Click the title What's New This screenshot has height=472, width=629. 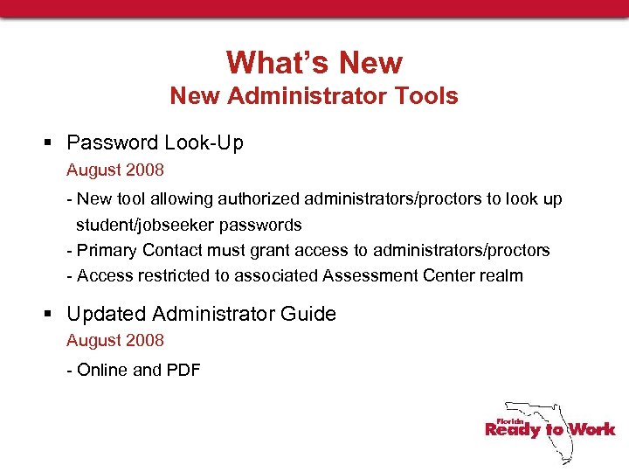point(314,63)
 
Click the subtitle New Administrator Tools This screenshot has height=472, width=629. point(314,95)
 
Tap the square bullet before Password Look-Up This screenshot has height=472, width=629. point(52,142)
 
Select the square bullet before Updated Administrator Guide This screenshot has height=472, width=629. point(52,314)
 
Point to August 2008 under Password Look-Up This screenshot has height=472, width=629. point(115,169)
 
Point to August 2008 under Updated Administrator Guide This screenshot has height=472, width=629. point(115,340)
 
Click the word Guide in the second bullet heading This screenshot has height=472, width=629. point(311,314)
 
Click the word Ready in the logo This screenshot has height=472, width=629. point(513,429)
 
